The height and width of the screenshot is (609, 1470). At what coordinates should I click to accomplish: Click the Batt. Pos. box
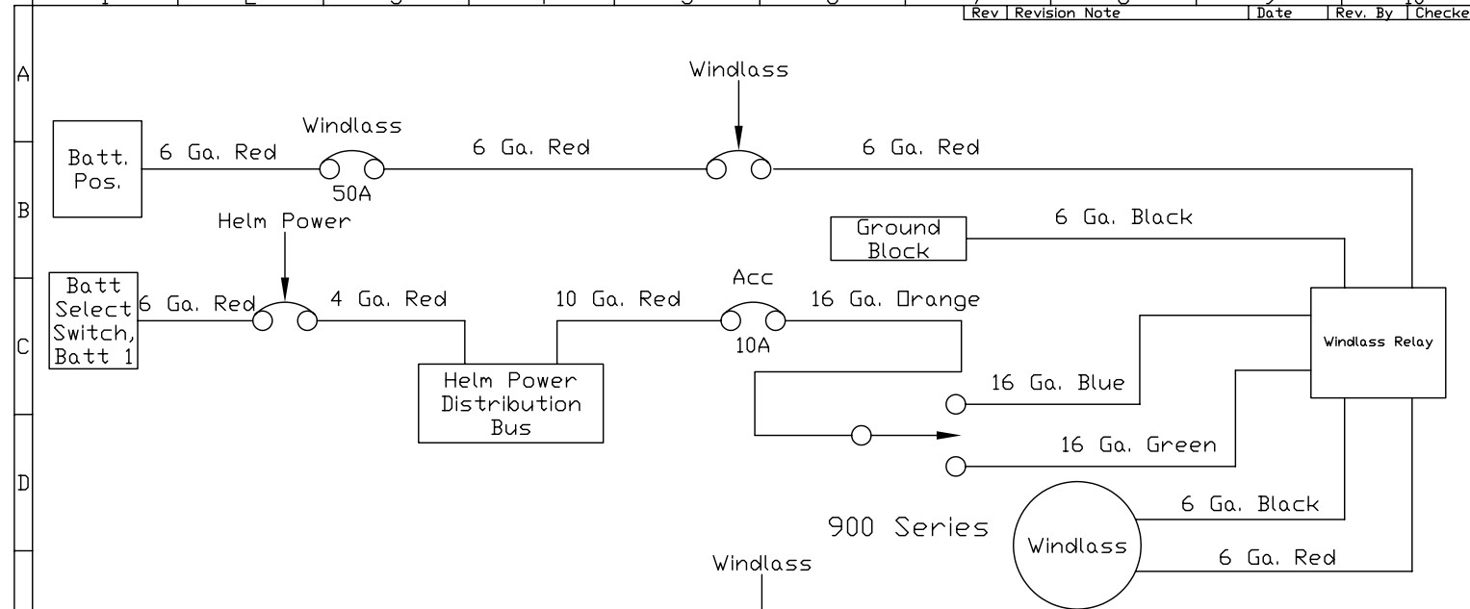coord(96,168)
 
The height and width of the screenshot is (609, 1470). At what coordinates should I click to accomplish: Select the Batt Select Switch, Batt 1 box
coord(93,320)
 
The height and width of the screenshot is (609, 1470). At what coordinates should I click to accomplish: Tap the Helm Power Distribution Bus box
coord(510,404)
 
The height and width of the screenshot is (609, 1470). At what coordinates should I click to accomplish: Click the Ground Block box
coord(898,240)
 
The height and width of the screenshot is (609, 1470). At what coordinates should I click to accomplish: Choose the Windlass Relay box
coord(1378,342)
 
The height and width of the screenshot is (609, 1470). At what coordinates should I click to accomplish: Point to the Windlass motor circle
coord(1077,546)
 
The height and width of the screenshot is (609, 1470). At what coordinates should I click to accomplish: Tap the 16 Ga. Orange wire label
coord(895,299)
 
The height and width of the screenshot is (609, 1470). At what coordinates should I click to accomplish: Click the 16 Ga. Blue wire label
coord(1058,384)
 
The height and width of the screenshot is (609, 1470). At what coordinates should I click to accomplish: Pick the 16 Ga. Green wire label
coord(1138,445)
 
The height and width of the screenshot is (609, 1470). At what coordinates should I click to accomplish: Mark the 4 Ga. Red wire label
coord(388,299)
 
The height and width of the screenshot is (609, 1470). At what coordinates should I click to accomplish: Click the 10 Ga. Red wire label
coord(618,299)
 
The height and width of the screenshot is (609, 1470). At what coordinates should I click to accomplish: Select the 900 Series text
coord(909,527)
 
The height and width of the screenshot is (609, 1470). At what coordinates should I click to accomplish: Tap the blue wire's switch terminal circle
coord(956,404)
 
